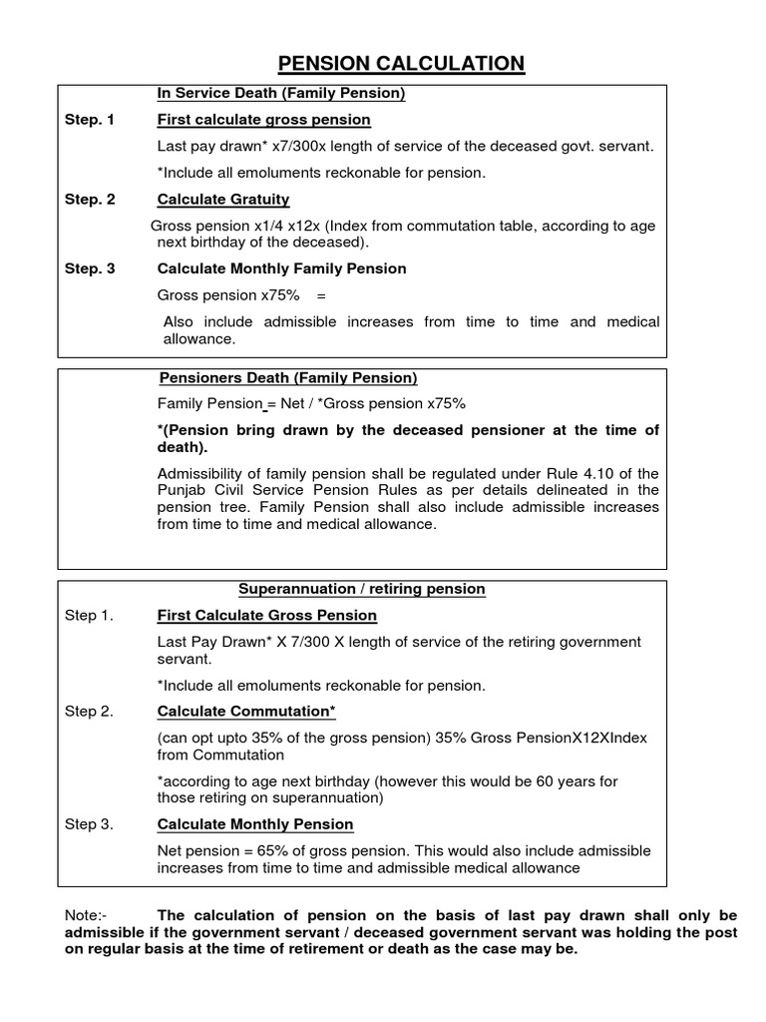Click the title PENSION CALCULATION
400,64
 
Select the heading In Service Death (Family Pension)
281,94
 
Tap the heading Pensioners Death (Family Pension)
288,377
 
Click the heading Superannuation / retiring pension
362,589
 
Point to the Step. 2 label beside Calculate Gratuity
90,199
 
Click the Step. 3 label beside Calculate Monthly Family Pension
90,268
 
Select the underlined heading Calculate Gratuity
223,199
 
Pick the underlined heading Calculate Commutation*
246,711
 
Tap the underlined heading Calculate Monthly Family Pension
281,268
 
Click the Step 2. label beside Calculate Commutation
89,711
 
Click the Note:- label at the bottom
83,915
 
